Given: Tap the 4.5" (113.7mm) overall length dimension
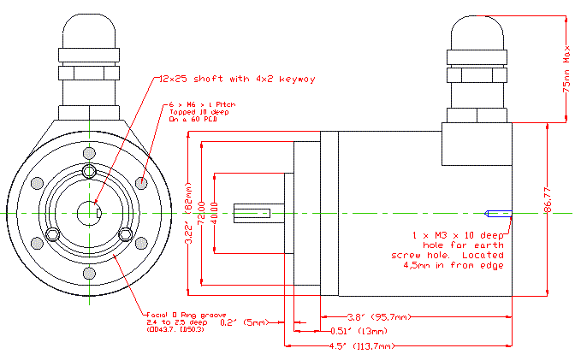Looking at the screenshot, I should (x=370, y=347).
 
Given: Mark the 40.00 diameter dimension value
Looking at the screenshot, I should (x=214, y=210).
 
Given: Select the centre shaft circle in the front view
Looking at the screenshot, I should (x=89, y=210).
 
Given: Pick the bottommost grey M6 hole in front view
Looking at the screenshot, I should (x=89, y=272).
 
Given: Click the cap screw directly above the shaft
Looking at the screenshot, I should (x=89, y=173).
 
